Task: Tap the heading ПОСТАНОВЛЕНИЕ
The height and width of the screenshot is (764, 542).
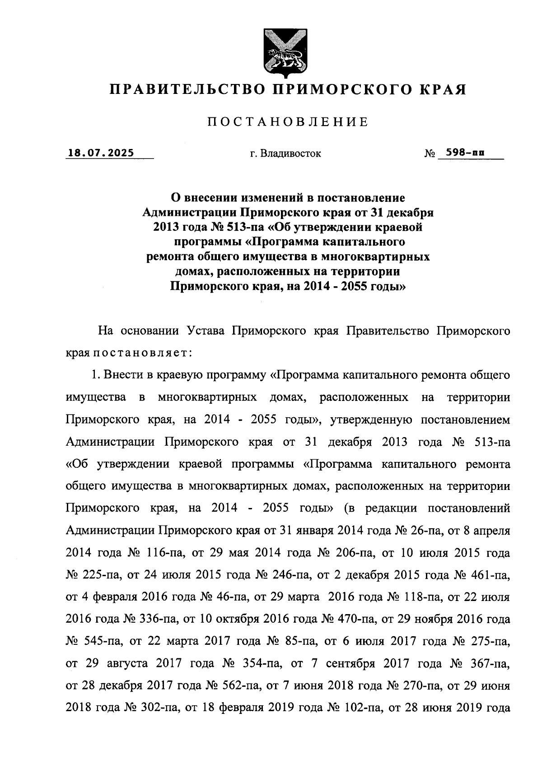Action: click(288, 122)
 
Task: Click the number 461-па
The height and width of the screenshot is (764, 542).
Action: click(491, 575)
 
